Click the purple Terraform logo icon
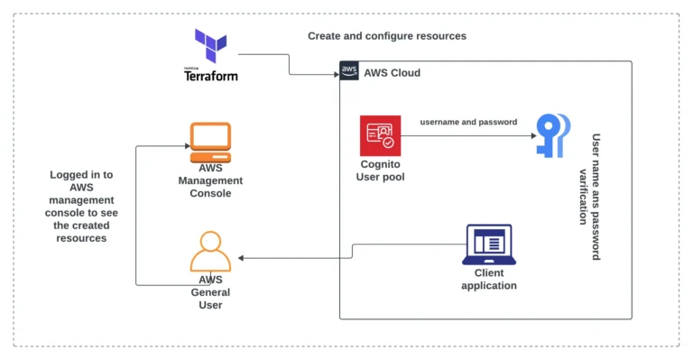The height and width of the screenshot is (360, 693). [x=210, y=45]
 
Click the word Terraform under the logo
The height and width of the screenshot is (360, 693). [x=210, y=76]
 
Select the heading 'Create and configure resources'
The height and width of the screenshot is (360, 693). [x=387, y=36]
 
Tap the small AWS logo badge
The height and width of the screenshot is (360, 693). [x=349, y=71]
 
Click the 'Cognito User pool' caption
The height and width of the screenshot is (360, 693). [x=381, y=171]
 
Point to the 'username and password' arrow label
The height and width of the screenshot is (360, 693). [x=468, y=122]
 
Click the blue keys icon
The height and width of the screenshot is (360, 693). [x=551, y=135]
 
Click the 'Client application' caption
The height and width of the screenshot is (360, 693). [x=489, y=279]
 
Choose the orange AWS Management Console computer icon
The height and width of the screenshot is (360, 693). [x=210, y=141]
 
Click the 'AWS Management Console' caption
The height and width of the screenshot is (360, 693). [x=209, y=180]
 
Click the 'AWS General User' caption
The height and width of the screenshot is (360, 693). [x=210, y=292]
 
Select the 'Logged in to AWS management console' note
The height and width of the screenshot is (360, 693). [x=81, y=207]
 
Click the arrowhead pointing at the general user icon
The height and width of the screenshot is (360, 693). [x=239, y=258]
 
